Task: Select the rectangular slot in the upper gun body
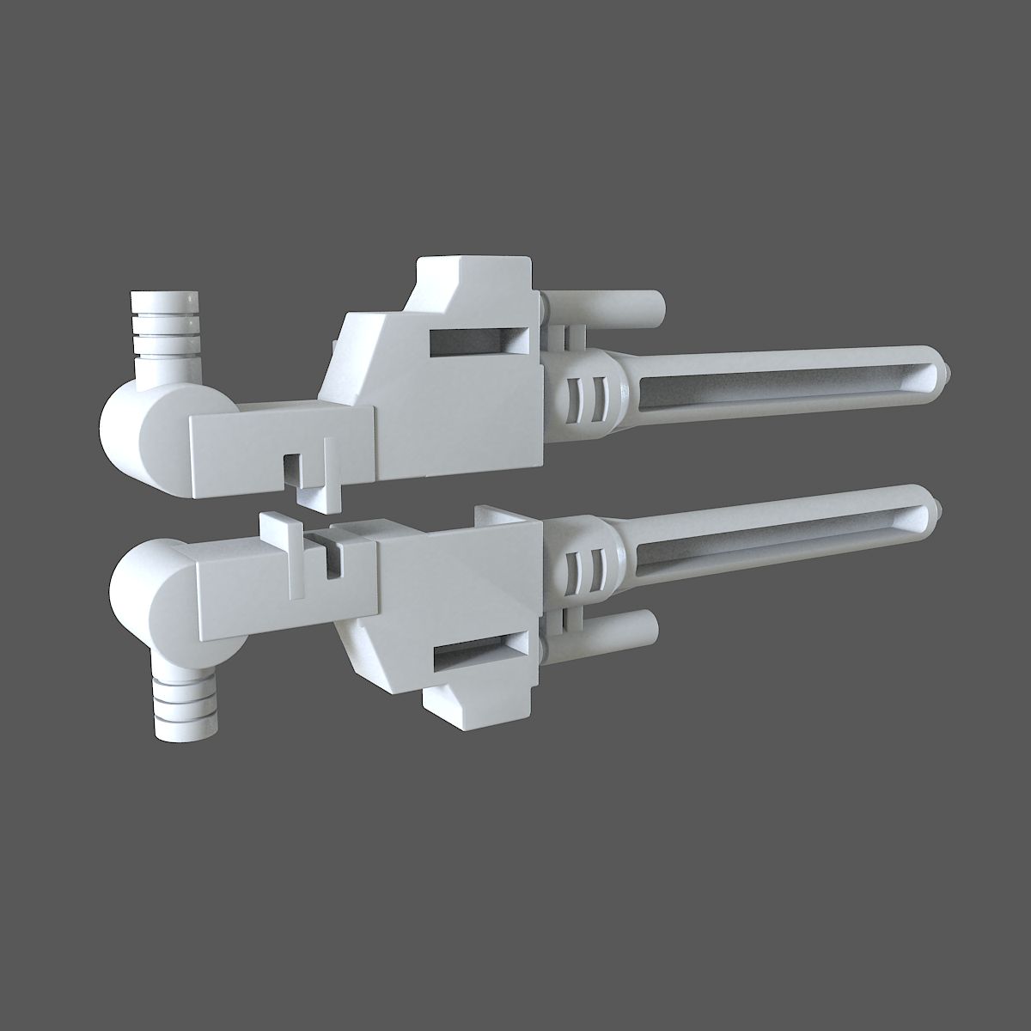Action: (x=478, y=341)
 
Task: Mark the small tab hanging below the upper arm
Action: (x=318, y=494)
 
